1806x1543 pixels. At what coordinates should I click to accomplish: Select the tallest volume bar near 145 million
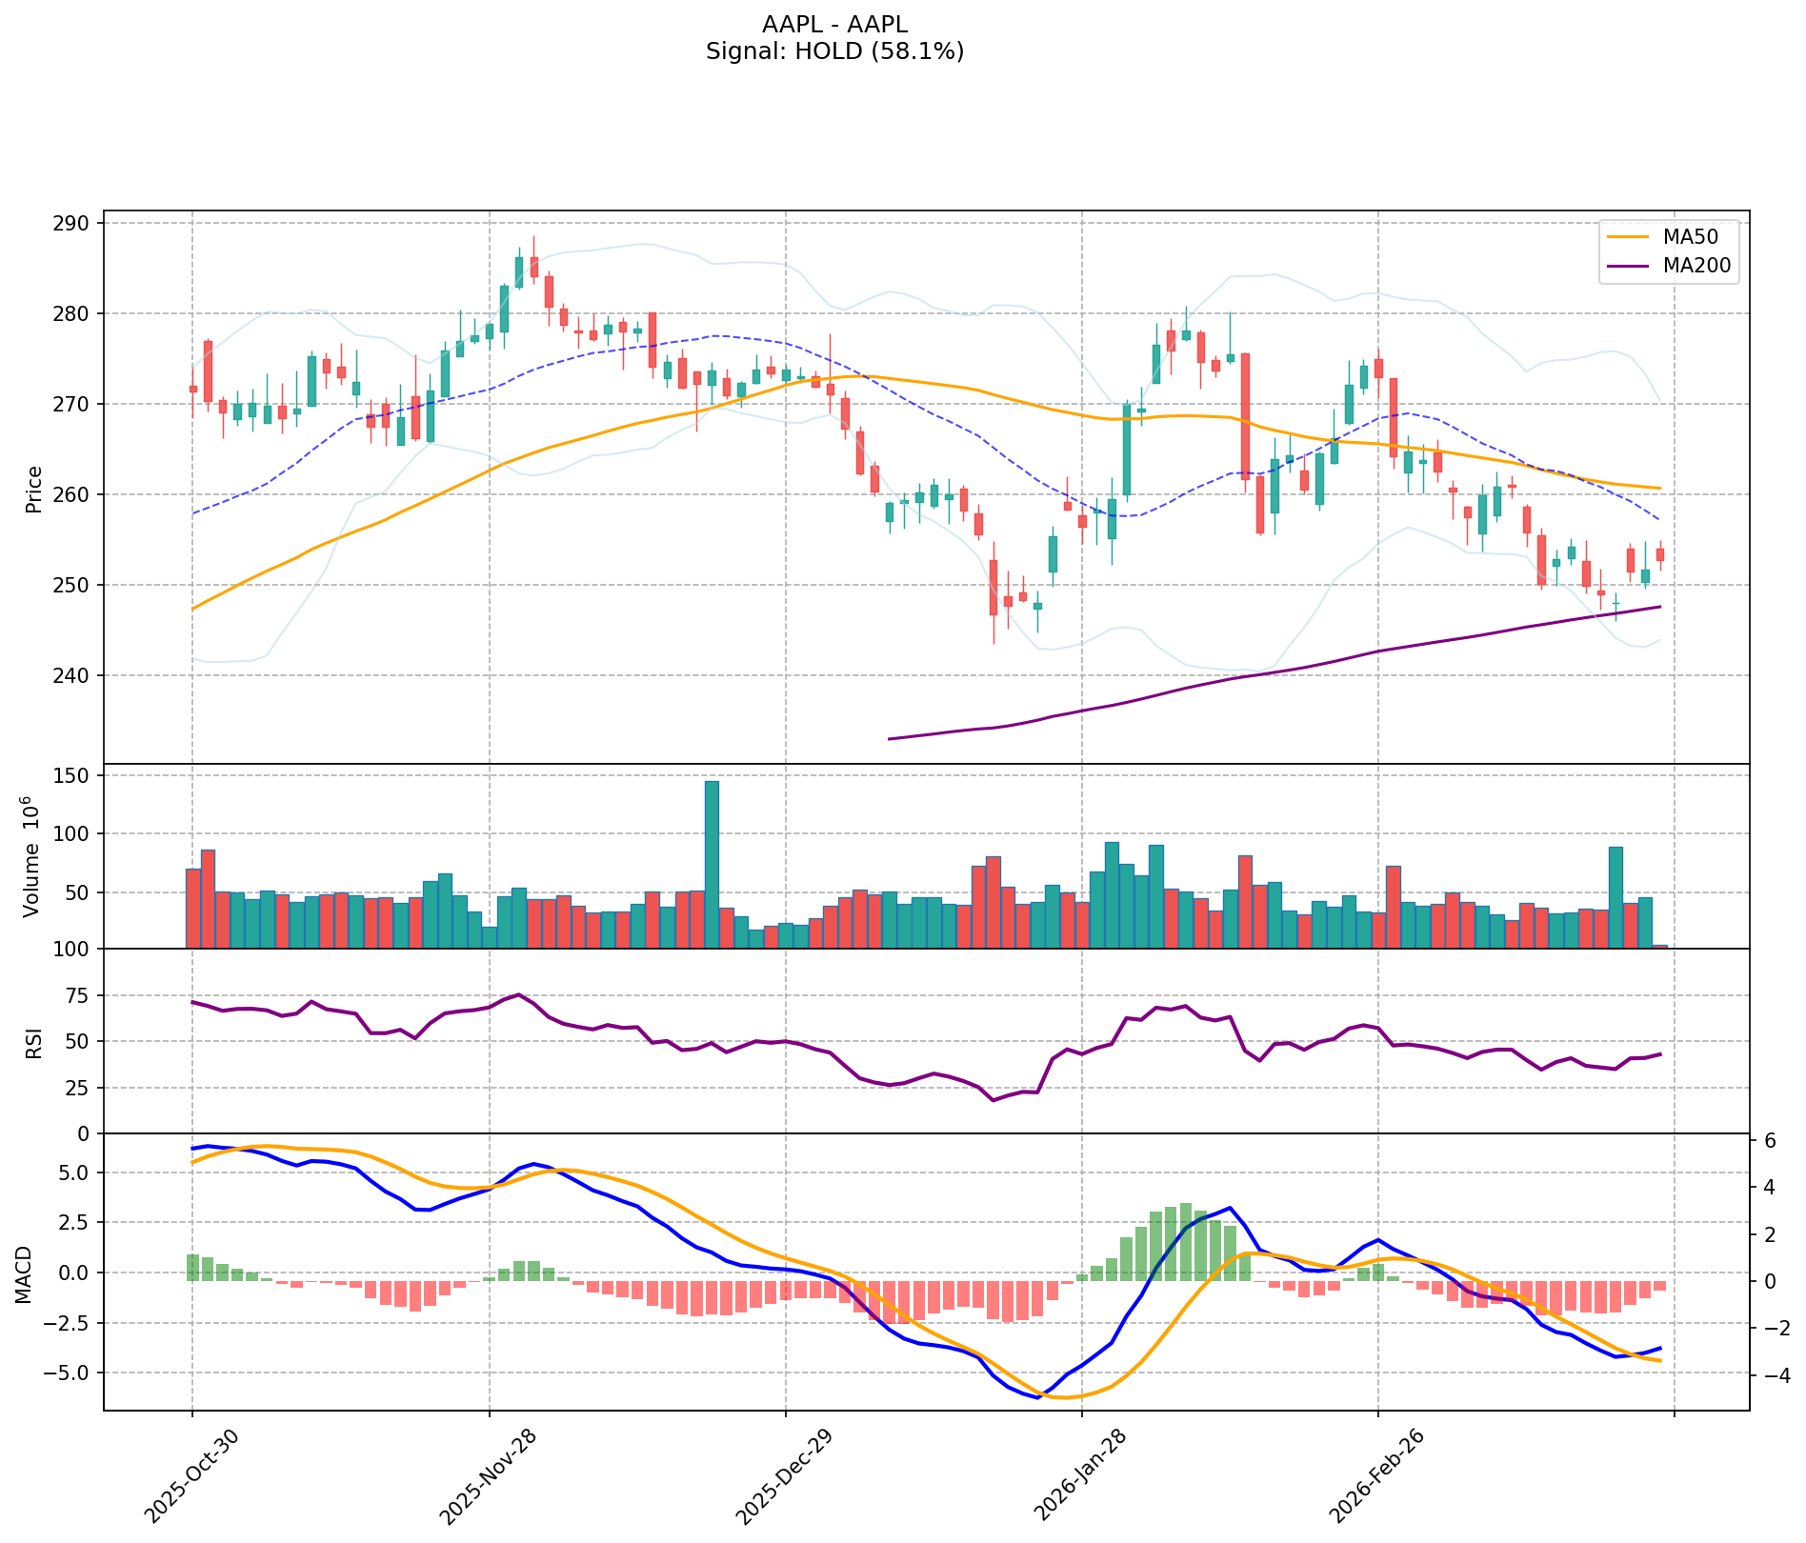[x=712, y=864]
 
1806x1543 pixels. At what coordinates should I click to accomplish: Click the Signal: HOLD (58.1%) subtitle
[x=834, y=51]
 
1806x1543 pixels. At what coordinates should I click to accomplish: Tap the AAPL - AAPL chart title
[x=834, y=24]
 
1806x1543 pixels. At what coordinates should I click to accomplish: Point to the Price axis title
[x=34, y=489]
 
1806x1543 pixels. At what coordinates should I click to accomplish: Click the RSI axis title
[x=34, y=1041]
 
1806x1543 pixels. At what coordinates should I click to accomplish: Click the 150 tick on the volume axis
[x=75, y=776]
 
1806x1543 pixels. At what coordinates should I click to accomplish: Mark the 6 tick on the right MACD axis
[x=1769, y=1141]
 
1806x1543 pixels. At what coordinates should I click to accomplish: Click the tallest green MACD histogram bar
[x=1186, y=1242]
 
